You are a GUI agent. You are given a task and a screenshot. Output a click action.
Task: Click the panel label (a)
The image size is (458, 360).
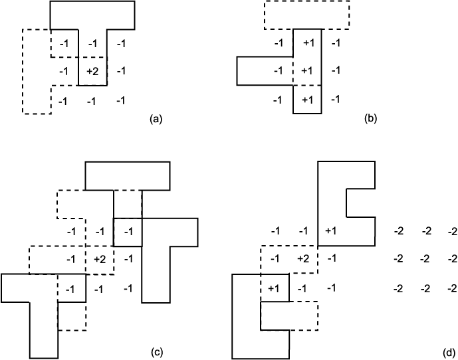156,119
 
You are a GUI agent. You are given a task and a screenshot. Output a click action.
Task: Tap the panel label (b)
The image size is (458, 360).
371,118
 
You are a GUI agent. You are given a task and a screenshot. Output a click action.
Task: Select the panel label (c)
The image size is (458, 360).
157,352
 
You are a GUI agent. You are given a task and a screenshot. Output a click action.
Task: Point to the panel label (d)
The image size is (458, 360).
449,353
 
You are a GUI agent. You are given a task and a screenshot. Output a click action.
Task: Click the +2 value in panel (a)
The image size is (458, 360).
92,71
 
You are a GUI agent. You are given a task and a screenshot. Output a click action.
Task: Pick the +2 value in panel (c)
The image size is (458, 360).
100,259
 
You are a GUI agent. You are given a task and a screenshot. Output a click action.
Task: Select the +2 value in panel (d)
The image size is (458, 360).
303,258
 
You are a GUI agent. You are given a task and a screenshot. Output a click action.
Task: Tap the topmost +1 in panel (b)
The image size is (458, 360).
308,43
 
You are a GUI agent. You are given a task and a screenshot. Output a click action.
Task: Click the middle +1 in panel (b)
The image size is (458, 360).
307,70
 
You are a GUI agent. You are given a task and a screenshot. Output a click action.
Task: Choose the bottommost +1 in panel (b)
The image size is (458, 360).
307,100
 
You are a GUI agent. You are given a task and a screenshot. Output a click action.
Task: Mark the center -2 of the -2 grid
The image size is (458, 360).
425,258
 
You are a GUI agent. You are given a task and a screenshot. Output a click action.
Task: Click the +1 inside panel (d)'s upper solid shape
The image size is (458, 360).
330,231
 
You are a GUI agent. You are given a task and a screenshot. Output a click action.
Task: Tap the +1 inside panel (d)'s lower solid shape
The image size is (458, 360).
273,288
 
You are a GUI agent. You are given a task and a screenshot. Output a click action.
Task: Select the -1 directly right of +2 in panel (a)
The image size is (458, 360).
121,70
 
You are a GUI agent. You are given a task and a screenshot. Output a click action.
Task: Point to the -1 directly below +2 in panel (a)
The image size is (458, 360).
92,102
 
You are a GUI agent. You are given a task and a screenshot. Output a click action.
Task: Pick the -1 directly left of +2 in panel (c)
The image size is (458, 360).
71,259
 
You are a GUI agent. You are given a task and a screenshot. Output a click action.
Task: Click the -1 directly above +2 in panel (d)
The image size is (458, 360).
304,231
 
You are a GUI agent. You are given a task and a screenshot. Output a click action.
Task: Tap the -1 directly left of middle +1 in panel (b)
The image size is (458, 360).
279,70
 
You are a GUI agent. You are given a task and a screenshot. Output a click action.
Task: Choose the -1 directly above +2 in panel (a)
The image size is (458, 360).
92,44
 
